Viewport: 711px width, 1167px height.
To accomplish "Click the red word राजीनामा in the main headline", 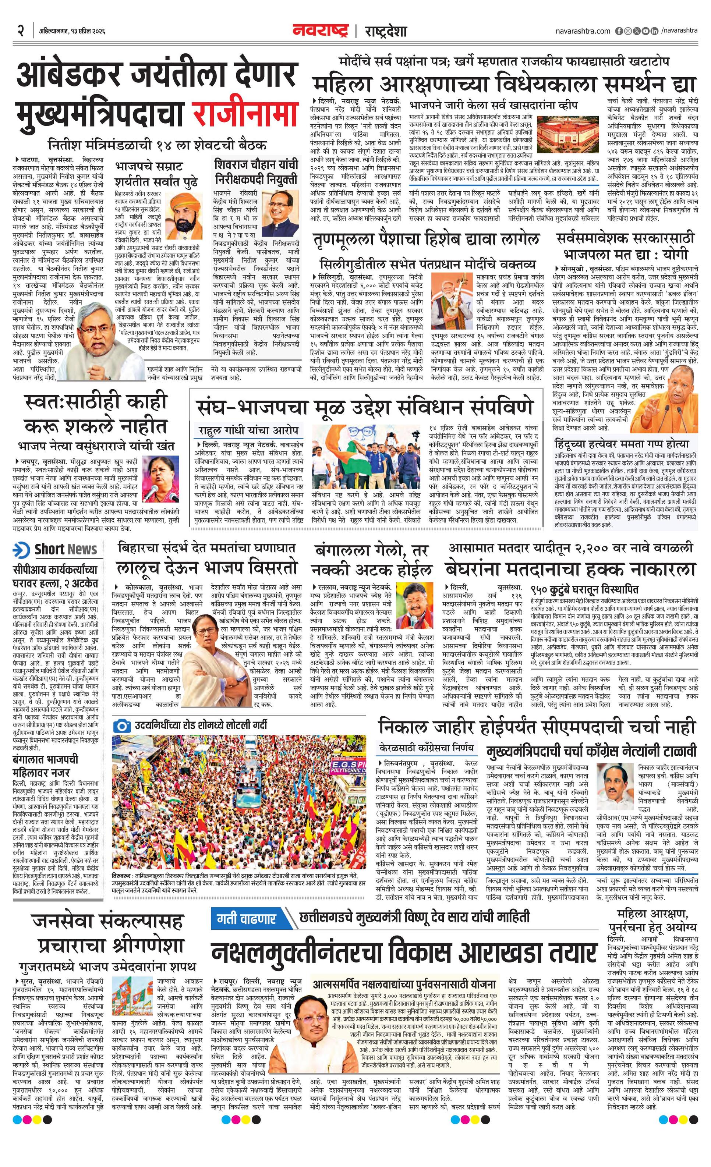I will tap(244, 114).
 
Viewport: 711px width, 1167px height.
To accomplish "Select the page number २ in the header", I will tap(21, 31).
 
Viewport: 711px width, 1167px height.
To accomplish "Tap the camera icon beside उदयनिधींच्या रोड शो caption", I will tap(123, 725).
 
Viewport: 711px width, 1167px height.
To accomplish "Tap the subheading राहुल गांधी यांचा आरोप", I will tap(248, 430).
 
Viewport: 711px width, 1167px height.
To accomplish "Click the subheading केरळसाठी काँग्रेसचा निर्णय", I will tap(426, 748).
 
